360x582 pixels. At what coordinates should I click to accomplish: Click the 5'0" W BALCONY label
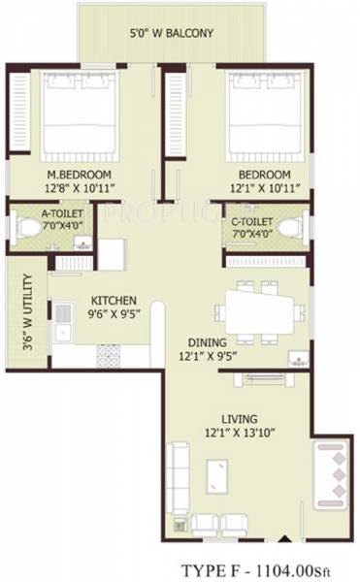tap(172, 32)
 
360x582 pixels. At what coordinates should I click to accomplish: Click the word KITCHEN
tap(114, 301)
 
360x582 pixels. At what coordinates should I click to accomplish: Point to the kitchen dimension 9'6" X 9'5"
tap(114, 314)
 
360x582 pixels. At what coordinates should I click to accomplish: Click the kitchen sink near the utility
tap(63, 323)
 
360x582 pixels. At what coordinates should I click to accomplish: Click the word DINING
tap(209, 342)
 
